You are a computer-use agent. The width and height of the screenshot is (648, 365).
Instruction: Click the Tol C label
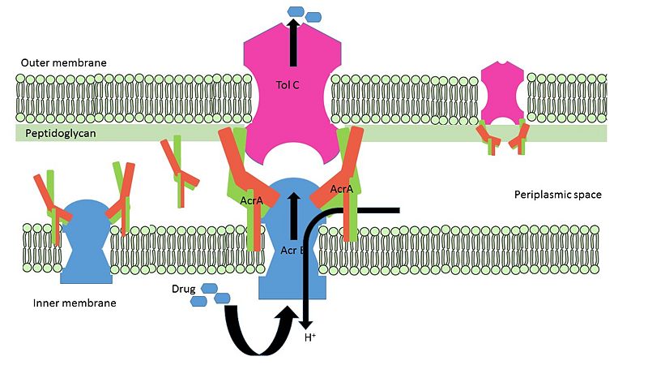pyautogui.click(x=288, y=85)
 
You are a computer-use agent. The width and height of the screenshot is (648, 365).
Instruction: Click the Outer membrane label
pyautogui.click(x=64, y=63)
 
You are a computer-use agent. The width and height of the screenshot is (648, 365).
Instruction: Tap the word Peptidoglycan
pyautogui.click(x=61, y=133)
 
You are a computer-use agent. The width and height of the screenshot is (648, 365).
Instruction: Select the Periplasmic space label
pyautogui.click(x=558, y=195)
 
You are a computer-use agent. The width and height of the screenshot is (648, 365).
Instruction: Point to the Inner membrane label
pyautogui.click(x=75, y=303)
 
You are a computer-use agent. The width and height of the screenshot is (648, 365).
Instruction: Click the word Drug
pyautogui.click(x=184, y=289)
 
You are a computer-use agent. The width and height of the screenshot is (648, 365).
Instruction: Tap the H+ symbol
pyautogui.click(x=310, y=337)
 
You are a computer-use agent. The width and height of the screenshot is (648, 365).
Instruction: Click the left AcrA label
pyautogui.click(x=251, y=200)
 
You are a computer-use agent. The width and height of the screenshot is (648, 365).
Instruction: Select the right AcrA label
pyautogui.click(x=342, y=189)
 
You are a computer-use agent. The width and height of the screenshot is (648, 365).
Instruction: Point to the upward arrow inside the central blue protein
pyautogui.click(x=294, y=216)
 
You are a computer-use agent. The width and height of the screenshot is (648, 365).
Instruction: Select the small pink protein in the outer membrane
pyautogui.click(x=502, y=93)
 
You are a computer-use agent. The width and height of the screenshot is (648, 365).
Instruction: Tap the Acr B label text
pyautogui.click(x=292, y=251)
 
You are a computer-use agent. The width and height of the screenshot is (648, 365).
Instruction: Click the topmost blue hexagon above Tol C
pyautogui.click(x=296, y=11)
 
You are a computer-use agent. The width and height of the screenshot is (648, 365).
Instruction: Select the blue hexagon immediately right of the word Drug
pyautogui.click(x=209, y=289)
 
